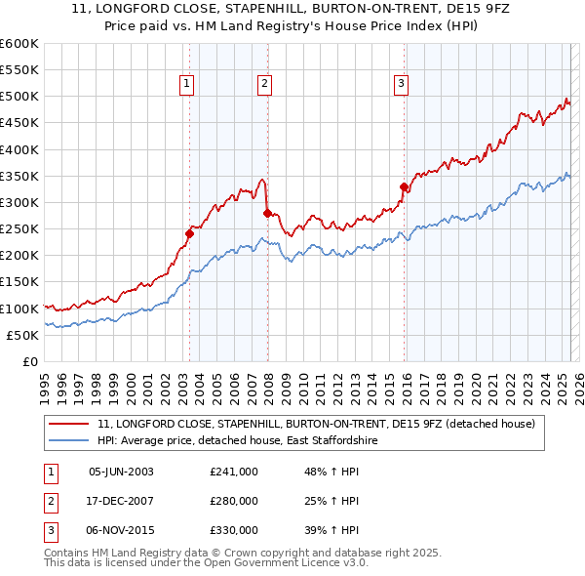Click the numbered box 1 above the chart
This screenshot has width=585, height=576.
pyautogui.click(x=186, y=85)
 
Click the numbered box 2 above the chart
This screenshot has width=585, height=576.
pyautogui.click(x=264, y=85)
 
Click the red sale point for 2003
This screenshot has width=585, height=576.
pyautogui.click(x=190, y=233)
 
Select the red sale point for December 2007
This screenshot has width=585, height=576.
pyautogui.click(x=267, y=213)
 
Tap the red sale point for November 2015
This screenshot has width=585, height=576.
pyautogui.click(x=404, y=186)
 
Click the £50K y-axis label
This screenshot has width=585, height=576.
pyautogui.click(x=23, y=335)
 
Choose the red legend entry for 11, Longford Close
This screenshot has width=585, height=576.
pyautogui.click(x=316, y=425)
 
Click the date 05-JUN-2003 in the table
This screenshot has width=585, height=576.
pyautogui.click(x=121, y=472)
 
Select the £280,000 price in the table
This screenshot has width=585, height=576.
pyautogui.click(x=234, y=501)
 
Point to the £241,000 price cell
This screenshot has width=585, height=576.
pyautogui.click(x=234, y=472)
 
